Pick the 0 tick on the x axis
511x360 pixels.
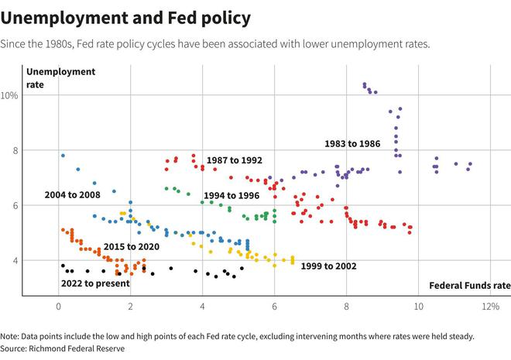pyautogui.click(x=58, y=307)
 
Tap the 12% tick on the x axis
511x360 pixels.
pyautogui.click(x=489, y=307)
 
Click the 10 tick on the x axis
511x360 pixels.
pyautogui.click(x=418, y=307)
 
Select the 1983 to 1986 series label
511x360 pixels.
pyautogui.click(x=352, y=144)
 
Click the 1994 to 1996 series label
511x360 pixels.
pyautogui.click(x=231, y=196)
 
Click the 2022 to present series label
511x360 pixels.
pyautogui.click(x=94, y=283)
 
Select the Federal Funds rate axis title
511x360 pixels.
pyautogui.click(x=469, y=285)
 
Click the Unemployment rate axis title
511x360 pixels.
pyautogui.click(x=50, y=78)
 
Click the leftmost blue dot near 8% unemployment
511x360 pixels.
pyautogui.click(x=63, y=155)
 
